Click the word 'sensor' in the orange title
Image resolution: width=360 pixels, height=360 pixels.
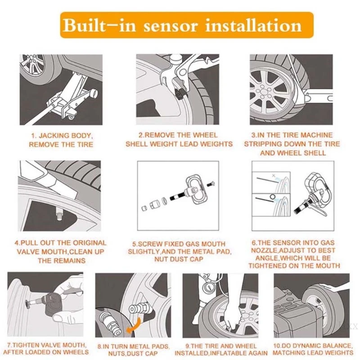click(171, 26)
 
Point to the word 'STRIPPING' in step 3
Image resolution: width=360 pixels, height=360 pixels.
click(262, 144)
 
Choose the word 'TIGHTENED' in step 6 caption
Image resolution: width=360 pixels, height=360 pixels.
click(267, 265)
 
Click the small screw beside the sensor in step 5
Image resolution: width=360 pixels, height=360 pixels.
click(211, 184)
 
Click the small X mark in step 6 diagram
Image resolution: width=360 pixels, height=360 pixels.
click(274, 175)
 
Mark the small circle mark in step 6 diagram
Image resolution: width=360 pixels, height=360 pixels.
click(273, 197)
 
